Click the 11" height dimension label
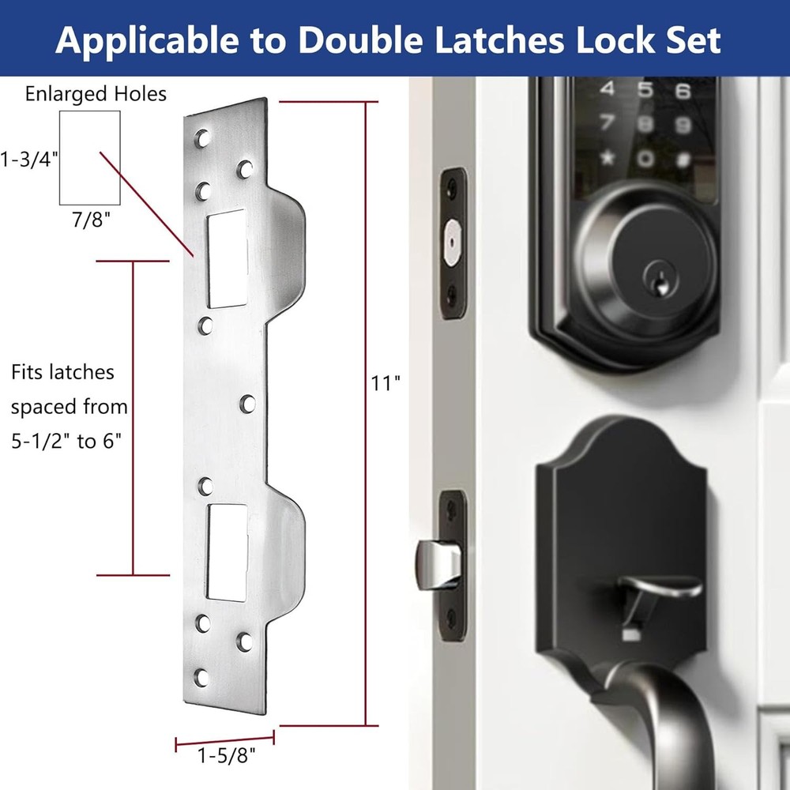click(x=386, y=384)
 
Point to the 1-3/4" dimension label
click(x=31, y=159)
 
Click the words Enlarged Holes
click(x=96, y=95)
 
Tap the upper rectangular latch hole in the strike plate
click(x=227, y=259)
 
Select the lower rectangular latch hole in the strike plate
click(x=228, y=551)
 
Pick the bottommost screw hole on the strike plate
click(x=202, y=677)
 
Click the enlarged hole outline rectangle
click(x=90, y=157)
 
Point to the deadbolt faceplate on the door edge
click(x=452, y=243)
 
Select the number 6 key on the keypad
click(x=683, y=91)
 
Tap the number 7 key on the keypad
click(x=607, y=123)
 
